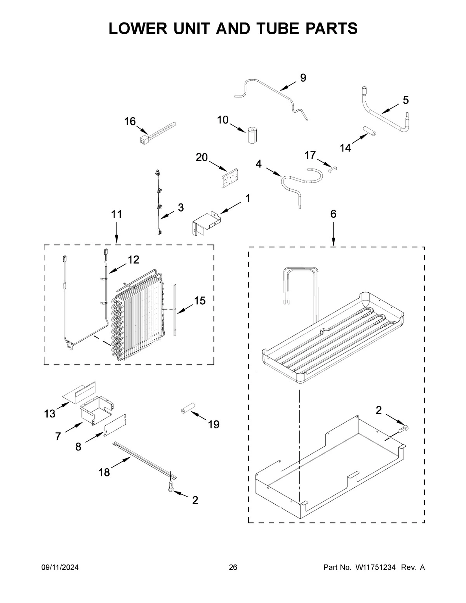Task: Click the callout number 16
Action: (130, 122)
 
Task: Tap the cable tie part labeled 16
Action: (157, 132)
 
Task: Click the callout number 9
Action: (303, 78)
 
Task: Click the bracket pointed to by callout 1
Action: (206, 224)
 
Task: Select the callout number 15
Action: (200, 301)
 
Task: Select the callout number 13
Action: (50, 414)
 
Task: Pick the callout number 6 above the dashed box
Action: (333, 214)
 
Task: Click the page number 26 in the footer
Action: (233, 568)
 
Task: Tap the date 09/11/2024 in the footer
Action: (60, 568)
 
